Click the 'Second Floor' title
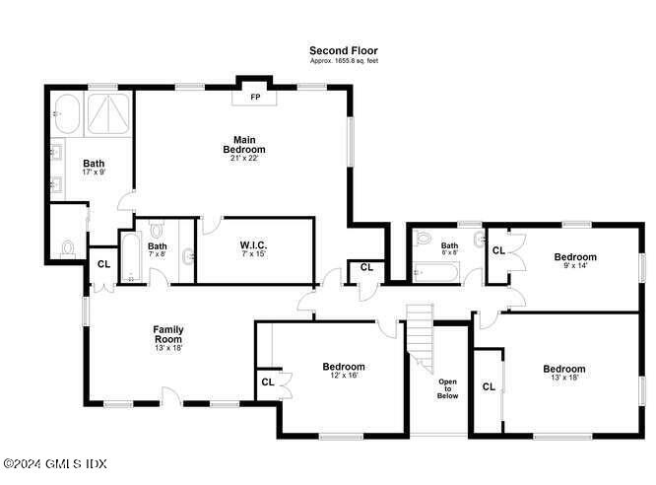(x=343, y=50)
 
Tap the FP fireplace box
(x=255, y=97)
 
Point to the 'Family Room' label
(x=168, y=335)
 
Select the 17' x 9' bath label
(x=94, y=169)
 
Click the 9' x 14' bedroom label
(x=575, y=260)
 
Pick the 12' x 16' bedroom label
(x=344, y=372)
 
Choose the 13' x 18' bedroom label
(x=564, y=374)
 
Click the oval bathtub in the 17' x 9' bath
(x=67, y=115)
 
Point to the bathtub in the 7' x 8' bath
(x=128, y=258)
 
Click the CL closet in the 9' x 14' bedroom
(x=498, y=250)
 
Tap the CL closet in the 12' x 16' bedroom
(x=267, y=381)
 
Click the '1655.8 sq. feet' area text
(x=344, y=61)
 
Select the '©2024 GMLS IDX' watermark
(x=55, y=463)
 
